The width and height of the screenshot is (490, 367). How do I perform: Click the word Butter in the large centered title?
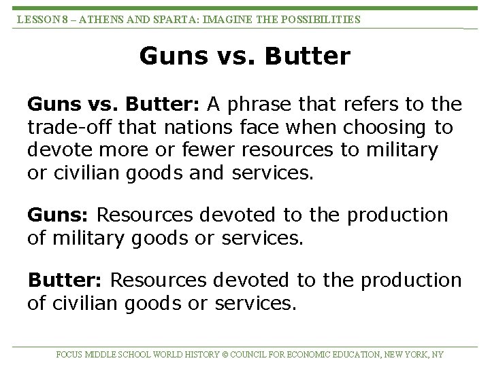[x=307, y=56]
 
